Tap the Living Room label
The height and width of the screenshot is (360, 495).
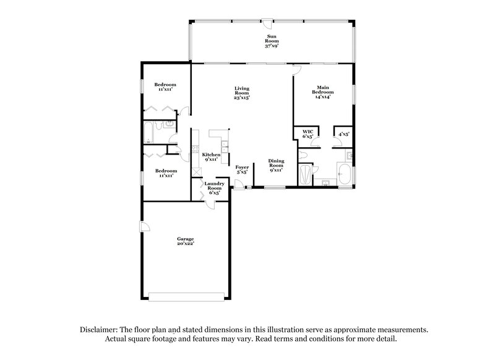[x=242, y=93]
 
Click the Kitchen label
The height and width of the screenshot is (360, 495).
[x=211, y=157]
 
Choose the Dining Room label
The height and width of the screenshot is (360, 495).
[x=275, y=165]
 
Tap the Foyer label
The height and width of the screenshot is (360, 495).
[x=242, y=169]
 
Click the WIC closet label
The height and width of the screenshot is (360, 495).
[x=308, y=134]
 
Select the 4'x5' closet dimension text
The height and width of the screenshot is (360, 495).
[x=343, y=134]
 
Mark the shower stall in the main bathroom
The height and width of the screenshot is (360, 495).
[x=305, y=174]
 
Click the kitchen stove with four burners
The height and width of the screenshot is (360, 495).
[x=195, y=150]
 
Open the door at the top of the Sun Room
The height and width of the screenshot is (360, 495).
[x=267, y=22]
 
